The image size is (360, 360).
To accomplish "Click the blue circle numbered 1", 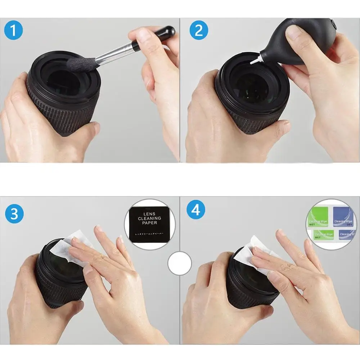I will coord(13,31).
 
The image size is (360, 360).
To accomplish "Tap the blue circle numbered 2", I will coord(198,31).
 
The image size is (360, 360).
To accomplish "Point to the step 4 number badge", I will coord(195,210).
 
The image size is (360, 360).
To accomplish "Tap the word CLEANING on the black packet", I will coord(149,218).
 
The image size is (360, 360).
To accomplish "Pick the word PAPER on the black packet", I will coord(149,222).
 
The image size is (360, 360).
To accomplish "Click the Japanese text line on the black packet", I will coord(149,234).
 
